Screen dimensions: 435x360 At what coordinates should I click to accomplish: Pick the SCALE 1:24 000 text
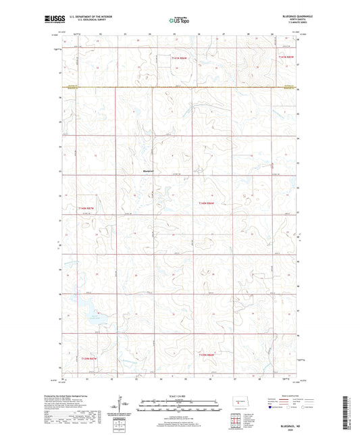pos(179,395)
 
